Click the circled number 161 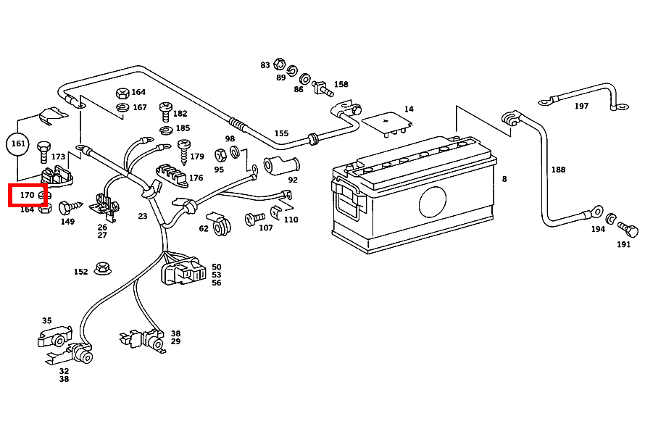[19, 144]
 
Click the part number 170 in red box [28, 195]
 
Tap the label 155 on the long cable [281, 133]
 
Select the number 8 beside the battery [504, 179]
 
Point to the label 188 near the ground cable [558, 170]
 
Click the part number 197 [581, 106]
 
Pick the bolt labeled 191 [630, 232]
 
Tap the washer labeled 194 [612, 219]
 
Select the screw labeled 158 [321, 88]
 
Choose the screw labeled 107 [254, 217]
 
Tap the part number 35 [47, 320]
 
